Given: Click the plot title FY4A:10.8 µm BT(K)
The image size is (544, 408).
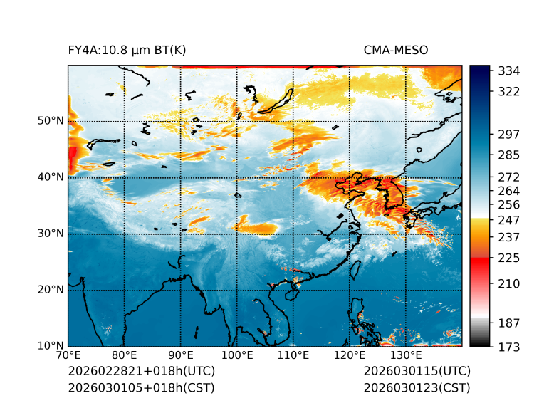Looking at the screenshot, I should click(127, 50).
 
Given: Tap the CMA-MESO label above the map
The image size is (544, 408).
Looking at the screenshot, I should click(396, 50).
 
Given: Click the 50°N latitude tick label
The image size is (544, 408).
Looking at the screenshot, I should click(50, 121).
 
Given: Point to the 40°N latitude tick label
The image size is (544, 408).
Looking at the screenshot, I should click(50, 177).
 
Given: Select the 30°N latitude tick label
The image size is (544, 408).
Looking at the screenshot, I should click(50, 234).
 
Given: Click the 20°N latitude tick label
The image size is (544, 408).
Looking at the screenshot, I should click(50, 290).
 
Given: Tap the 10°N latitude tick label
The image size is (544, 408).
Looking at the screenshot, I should click(50, 347).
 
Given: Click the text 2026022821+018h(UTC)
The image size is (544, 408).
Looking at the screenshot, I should click(141, 372).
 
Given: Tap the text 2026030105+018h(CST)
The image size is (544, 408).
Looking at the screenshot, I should click(141, 388).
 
